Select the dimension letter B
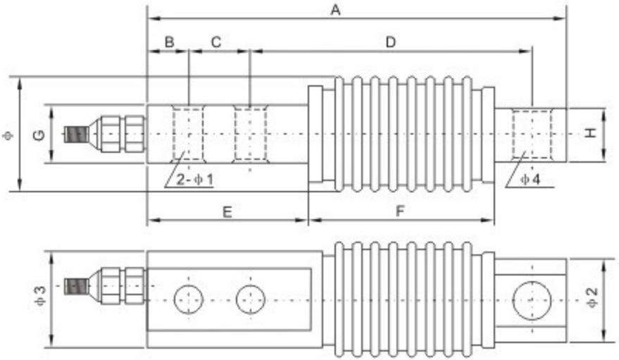tap(169, 42)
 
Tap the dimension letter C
tap(216, 42)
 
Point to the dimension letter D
tap(390, 42)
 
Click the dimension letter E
tap(227, 211)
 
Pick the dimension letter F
tap(400, 211)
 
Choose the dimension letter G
tap(39, 134)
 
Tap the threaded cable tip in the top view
tap(74, 134)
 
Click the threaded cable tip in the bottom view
tap(74, 286)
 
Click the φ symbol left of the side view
tap(8, 134)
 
